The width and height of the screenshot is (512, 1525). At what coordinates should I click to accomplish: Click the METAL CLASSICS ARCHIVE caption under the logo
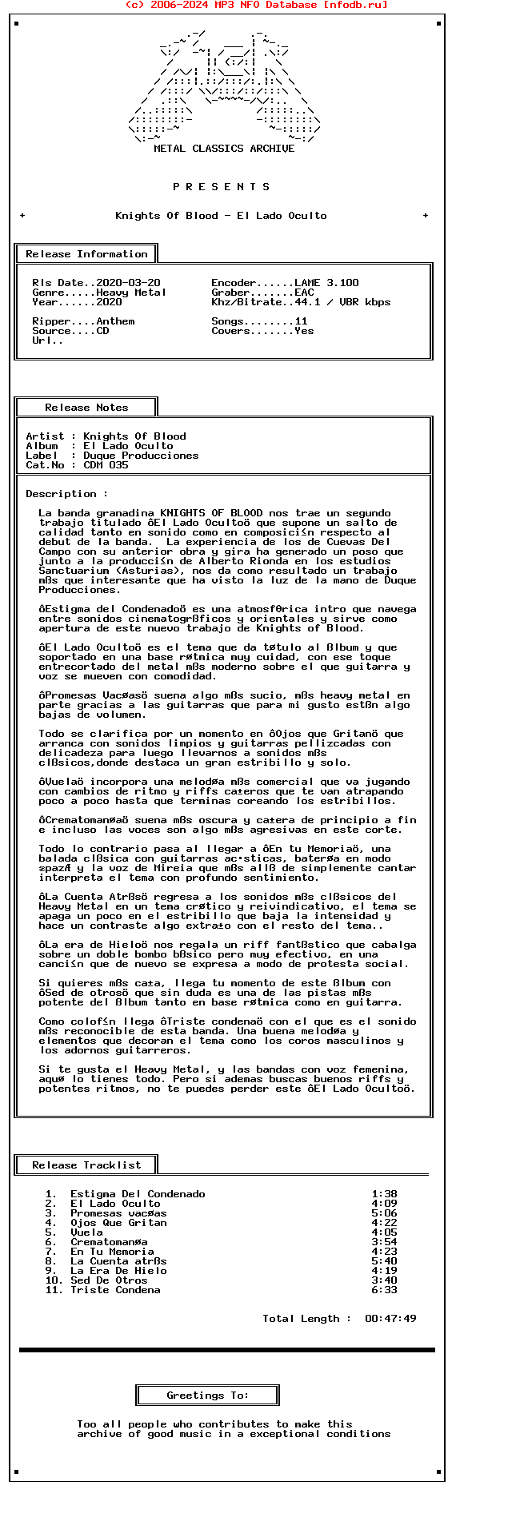pos(224,149)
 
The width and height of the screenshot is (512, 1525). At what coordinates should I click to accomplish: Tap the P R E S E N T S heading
pos(222,187)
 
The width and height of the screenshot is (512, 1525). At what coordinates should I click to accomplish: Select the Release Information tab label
pos(86,254)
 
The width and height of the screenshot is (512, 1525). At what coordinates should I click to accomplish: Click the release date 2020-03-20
pos(128,283)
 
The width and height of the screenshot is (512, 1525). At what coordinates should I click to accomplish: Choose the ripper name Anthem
pos(115,321)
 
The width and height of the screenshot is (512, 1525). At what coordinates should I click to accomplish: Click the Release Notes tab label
pos(86,408)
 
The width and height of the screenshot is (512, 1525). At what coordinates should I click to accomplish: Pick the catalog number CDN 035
pos(106,465)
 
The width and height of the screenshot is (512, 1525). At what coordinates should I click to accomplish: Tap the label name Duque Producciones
pos(141,456)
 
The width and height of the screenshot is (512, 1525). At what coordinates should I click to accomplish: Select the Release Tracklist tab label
pos(86,1165)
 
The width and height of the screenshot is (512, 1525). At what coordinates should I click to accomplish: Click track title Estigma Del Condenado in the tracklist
pos(138,1194)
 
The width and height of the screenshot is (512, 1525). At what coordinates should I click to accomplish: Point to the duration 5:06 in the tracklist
pos(384,1213)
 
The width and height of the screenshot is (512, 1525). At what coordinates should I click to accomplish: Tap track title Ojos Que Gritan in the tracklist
pos(118,1223)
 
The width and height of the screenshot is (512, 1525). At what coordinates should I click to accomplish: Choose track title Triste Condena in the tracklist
pos(115,1290)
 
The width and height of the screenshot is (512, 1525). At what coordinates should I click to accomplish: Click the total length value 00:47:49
pos(390,1319)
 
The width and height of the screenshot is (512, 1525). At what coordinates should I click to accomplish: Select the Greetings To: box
pos(208,1396)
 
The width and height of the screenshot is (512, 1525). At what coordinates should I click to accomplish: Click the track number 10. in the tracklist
pos(54,1280)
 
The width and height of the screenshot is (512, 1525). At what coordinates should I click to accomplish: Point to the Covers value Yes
pos(304,331)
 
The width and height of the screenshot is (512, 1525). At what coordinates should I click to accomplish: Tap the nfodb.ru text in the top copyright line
pos(353,5)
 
